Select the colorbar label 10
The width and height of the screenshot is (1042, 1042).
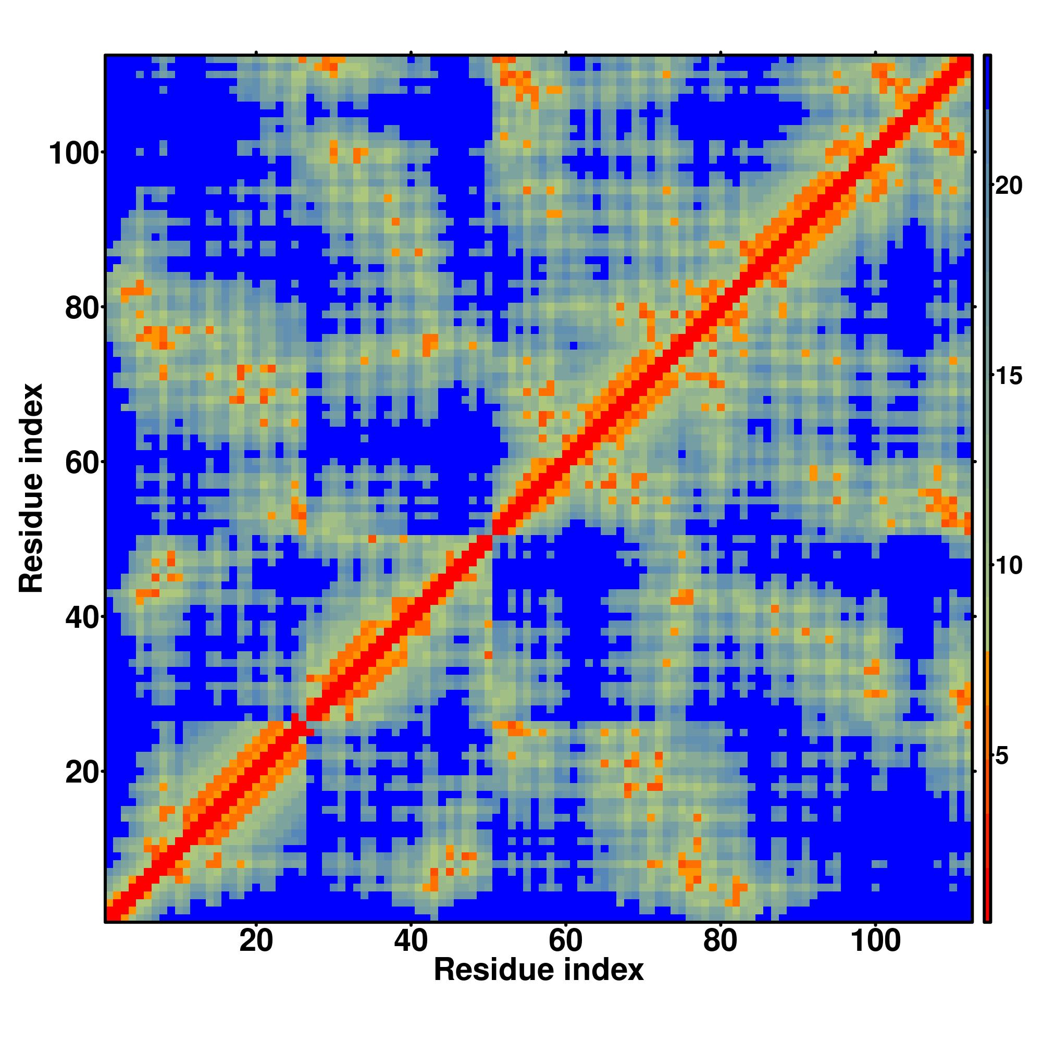tap(1008, 566)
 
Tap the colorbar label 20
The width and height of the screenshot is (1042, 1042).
tap(1008, 186)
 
